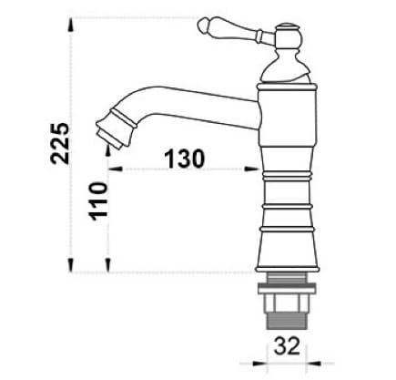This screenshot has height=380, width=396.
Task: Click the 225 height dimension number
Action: point(61,140)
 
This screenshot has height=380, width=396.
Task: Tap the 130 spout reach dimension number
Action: point(185,158)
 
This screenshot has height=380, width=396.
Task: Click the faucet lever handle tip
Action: point(204,29)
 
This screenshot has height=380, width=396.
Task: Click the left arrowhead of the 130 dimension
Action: point(115,169)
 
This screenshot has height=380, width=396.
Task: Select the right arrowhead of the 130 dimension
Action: point(256,169)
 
